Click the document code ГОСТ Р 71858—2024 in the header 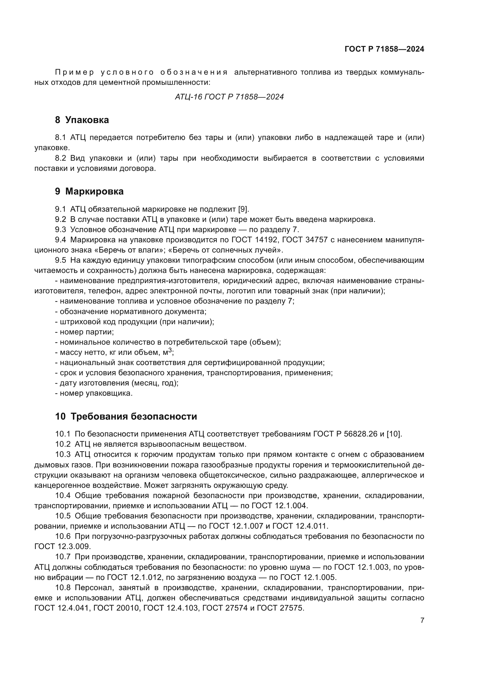coord(384,49)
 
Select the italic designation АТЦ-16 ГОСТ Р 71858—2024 coord(229,97)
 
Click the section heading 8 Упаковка coord(82,120)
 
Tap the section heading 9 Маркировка coord(89,192)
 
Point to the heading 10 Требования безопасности coord(126,416)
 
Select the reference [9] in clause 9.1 coord(243,209)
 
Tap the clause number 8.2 coord(60,158)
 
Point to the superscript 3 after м coord(170,350)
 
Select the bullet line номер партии coord(85,332)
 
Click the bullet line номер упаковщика coord(94,393)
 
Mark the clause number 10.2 coord(63,444)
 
